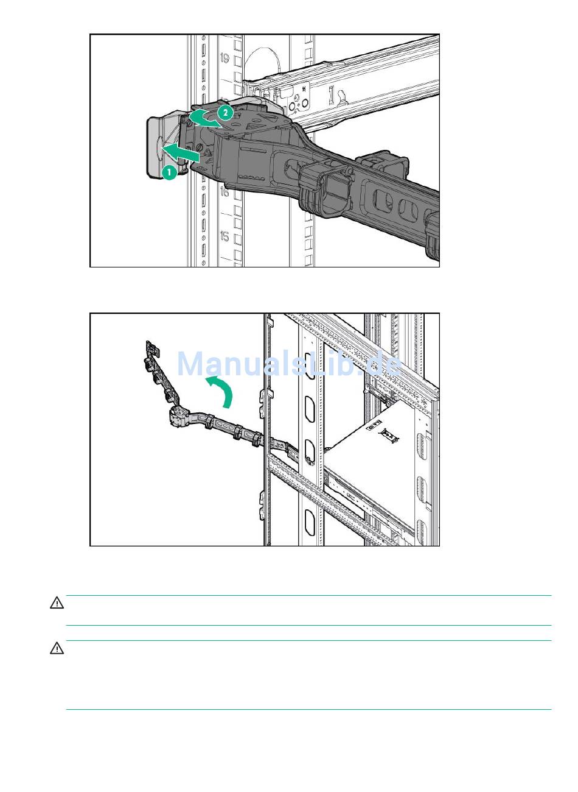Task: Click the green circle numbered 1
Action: (x=170, y=172)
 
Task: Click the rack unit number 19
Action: (x=225, y=58)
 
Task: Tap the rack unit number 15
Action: (x=225, y=236)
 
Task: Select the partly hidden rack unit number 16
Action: (x=225, y=192)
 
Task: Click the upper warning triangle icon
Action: (x=57, y=603)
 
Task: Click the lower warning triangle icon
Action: (x=57, y=648)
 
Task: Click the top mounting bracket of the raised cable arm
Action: (x=153, y=348)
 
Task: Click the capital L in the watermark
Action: (x=313, y=364)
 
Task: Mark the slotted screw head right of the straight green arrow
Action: (x=200, y=147)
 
